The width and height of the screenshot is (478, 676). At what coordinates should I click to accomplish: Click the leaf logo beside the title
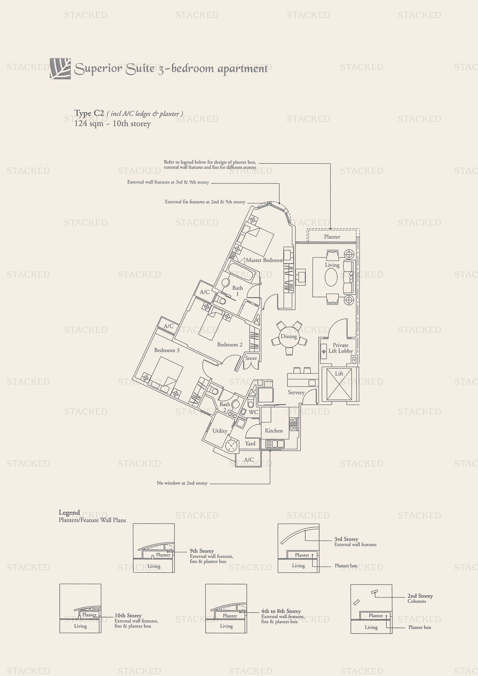[x=60, y=69]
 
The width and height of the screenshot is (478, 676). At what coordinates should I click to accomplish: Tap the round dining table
[x=289, y=336]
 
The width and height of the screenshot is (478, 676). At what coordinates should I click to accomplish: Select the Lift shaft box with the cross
[x=339, y=384]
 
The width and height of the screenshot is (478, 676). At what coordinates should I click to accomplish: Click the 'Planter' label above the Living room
[x=332, y=237]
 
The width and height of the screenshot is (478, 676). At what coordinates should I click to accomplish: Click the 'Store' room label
[x=251, y=358]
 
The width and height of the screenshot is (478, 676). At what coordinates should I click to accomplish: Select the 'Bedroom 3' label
[x=167, y=350]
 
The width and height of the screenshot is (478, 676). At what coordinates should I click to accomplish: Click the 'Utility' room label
[x=220, y=431]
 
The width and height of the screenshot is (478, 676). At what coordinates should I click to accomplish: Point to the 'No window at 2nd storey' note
[x=182, y=483]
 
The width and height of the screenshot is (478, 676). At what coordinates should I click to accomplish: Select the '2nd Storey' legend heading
[x=420, y=596]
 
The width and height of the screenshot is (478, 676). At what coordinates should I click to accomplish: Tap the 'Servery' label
[x=296, y=393]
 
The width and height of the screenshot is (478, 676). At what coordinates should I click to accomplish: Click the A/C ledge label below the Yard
[x=249, y=460]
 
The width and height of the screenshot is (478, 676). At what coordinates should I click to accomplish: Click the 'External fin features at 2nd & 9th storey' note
[x=205, y=202]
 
